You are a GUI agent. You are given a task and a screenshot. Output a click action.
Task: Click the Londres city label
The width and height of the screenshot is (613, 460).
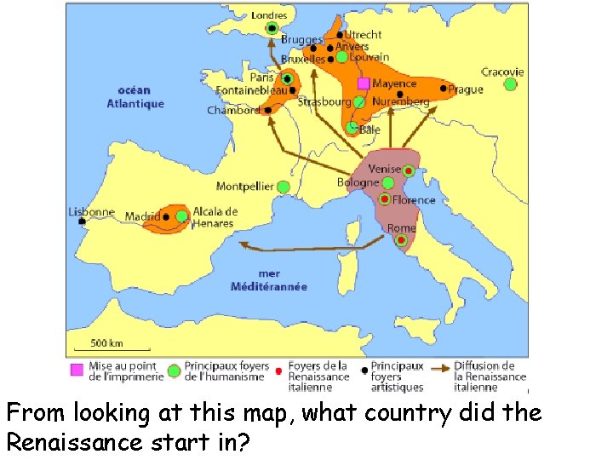tap(269, 14)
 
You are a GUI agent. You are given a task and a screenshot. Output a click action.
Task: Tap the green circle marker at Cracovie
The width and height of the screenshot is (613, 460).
tap(510, 84)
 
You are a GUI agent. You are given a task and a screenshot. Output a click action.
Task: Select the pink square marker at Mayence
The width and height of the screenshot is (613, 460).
tap(364, 83)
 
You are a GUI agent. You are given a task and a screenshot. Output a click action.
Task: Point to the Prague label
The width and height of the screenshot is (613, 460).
tap(466, 89)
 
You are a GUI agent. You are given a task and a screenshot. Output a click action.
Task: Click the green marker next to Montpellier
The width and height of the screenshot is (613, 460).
tap(283, 186)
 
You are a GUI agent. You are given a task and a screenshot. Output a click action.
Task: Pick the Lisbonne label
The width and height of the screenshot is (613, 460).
tap(91, 211)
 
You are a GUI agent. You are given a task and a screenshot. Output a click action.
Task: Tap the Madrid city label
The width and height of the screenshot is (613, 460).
tap(142, 217)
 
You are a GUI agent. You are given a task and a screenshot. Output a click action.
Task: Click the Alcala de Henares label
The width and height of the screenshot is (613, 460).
tap(215, 217)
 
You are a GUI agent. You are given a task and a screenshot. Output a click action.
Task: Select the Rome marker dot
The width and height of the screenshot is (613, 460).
tap(400, 240)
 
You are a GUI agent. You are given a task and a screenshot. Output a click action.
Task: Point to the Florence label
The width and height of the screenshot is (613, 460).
tap(414, 200)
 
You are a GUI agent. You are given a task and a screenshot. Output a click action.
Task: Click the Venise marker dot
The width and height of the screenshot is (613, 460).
tap(409, 171)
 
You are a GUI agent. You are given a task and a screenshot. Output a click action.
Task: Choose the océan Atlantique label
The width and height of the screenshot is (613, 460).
tap(135, 97)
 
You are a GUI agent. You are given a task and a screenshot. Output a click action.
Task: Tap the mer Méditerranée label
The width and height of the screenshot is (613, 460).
tap(268, 280)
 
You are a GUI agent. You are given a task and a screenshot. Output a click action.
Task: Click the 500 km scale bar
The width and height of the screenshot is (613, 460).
tap(108, 348)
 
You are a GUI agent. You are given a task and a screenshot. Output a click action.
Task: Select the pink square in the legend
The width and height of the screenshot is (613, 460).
tap(77, 370)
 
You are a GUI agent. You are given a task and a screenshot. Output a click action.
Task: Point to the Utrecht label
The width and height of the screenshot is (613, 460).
tap(364, 35)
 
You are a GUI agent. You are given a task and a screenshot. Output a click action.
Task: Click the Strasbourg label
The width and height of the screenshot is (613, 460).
tap(324, 101)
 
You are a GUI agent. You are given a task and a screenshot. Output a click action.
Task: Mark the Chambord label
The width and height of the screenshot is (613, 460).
tap(232, 110)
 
